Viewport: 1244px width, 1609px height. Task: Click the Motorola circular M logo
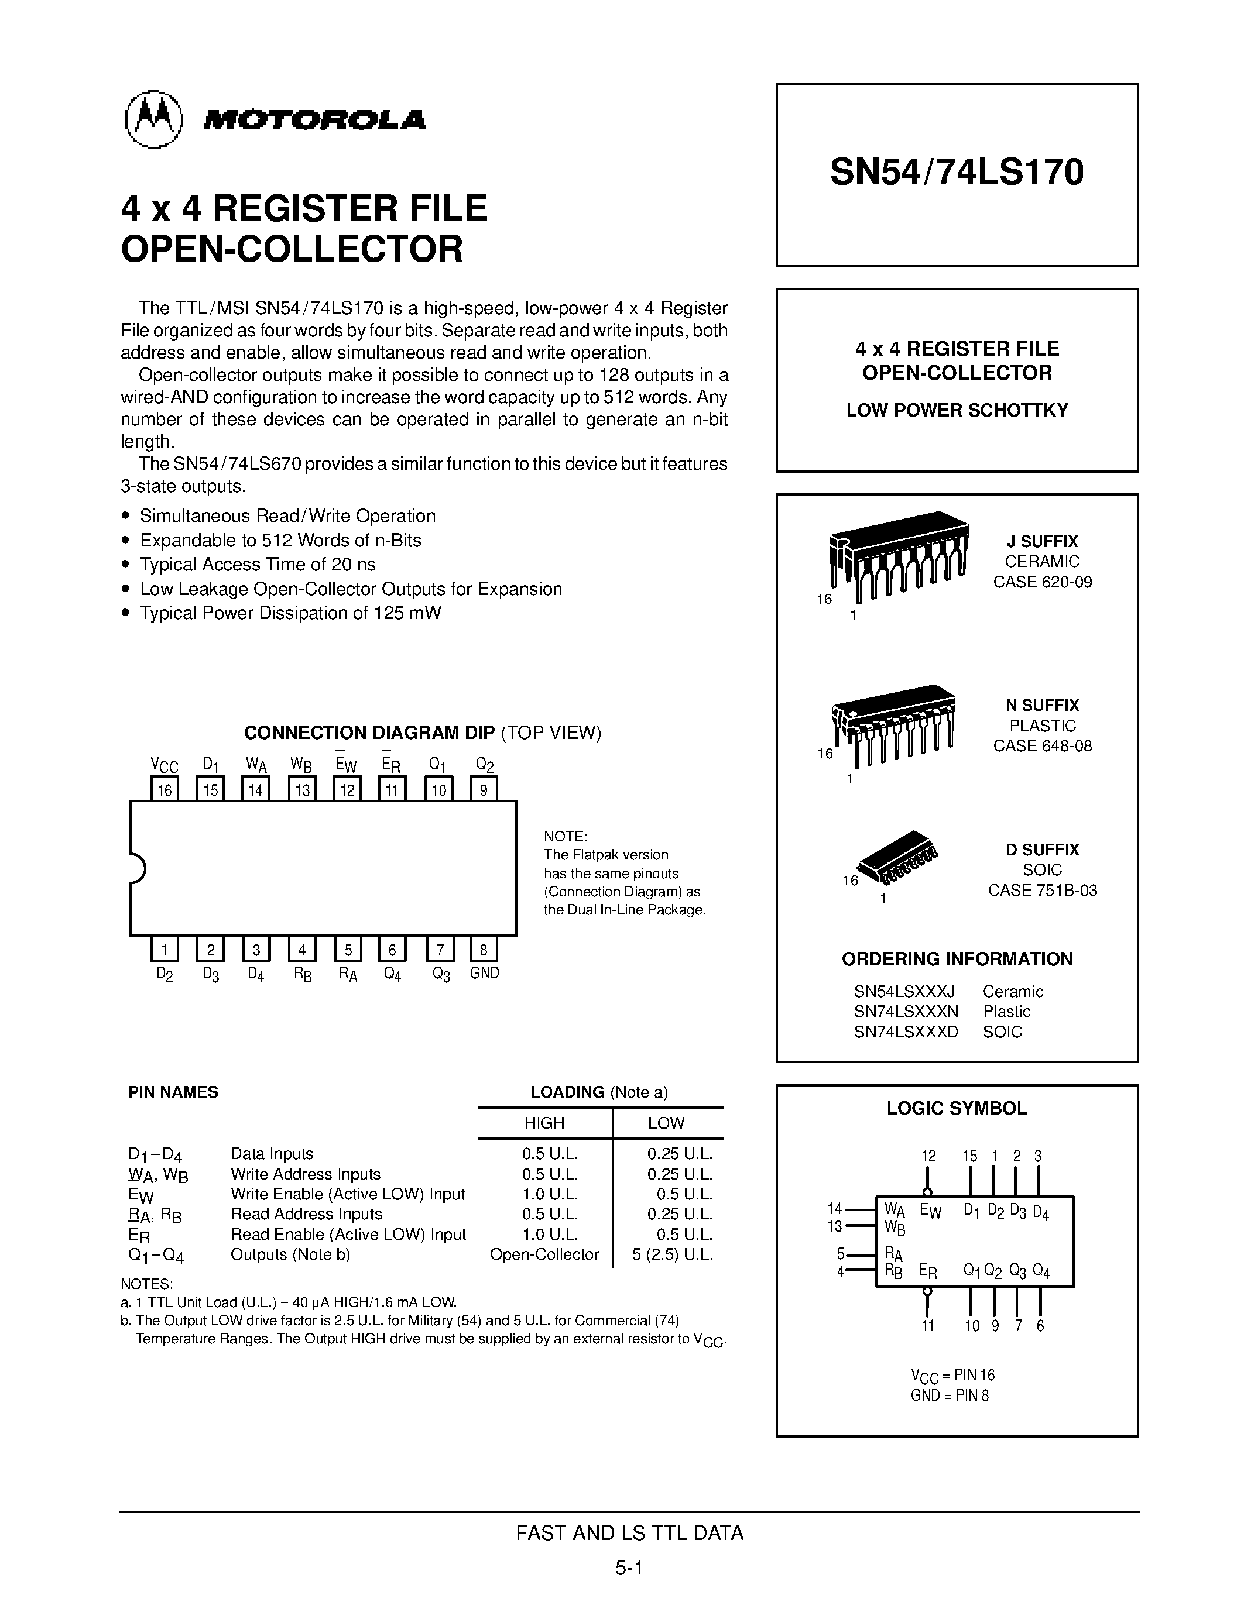click(x=154, y=119)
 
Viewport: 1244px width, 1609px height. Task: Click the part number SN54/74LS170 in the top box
click(x=957, y=173)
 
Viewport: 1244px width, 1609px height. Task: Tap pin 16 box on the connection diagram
click(x=165, y=790)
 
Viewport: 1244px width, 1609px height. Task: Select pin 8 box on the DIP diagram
click(x=484, y=949)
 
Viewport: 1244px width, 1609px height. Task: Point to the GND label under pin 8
click(x=484, y=973)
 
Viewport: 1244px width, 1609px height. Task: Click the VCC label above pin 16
click(x=165, y=765)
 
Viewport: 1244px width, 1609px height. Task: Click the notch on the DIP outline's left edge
click(x=137, y=868)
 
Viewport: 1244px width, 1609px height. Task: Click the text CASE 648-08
click(x=1042, y=745)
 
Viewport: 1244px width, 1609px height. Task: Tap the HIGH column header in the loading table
click(x=544, y=1123)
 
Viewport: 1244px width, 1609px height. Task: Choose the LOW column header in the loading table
click(x=666, y=1123)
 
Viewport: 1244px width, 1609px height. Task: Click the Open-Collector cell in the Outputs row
click(x=544, y=1254)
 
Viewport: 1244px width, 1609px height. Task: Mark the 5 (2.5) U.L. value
click(x=672, y=1254)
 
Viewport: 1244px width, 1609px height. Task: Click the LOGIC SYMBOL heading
click(x=957, y=1109)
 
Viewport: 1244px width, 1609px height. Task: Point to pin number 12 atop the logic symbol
click(x=928, y=1157)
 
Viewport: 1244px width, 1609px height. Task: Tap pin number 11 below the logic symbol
click(x=928, y=1326)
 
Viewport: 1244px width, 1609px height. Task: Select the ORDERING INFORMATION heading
click(x=957, y=959)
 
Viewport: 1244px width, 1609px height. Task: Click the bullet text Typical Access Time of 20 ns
click(x=258, y=565)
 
